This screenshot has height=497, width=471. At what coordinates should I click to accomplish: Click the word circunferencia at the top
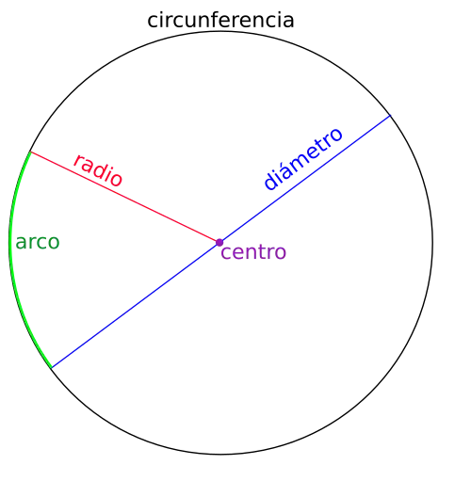point(220,20)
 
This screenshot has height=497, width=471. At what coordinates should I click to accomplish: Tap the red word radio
point(98,170)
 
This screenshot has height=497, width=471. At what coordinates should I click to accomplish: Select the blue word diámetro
point(303,159)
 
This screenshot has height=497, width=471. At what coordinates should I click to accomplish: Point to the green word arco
point(38,243)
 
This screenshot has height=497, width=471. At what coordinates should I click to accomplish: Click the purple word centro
point(253,252)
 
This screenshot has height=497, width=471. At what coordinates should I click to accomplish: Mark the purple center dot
point(219,243)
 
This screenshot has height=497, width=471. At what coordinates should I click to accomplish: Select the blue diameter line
point(220,242)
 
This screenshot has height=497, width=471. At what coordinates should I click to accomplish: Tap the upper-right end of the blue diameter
point(390,116)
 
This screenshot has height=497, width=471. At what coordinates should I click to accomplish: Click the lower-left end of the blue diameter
point(52,368)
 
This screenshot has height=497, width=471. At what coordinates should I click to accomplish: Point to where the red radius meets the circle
point(31,152)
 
